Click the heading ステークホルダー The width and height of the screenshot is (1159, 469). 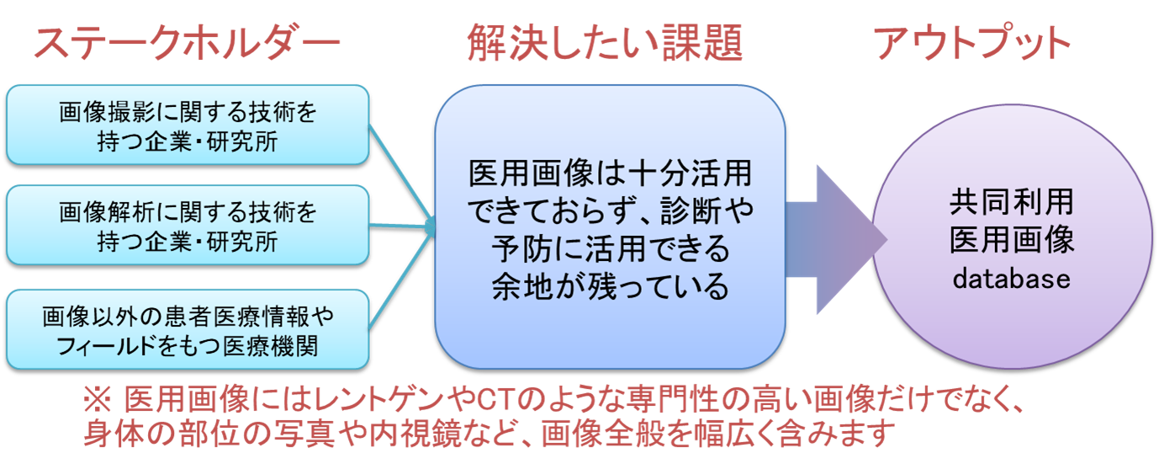coord(186,42)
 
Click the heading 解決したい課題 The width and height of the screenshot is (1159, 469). coord(606,42)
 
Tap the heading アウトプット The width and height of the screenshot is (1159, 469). coord(971,42)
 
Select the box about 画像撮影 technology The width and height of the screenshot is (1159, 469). coord(188,125)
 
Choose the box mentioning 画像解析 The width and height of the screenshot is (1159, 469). coord(188,226)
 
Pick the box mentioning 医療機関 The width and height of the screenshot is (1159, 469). coord(188,329)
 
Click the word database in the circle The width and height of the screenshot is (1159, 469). coord(1012,279)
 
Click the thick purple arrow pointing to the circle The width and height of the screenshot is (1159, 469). coord(837,239)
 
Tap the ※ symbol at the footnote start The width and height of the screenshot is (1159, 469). coord(98,400)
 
